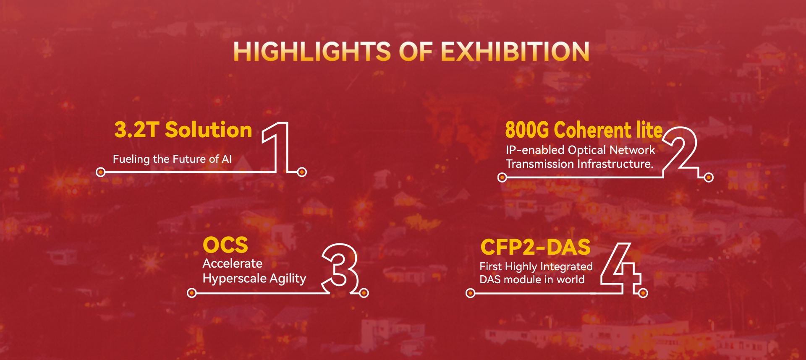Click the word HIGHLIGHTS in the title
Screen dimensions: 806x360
point(312,52)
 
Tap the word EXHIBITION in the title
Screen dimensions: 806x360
point(515,52)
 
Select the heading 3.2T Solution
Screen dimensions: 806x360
point(183,130)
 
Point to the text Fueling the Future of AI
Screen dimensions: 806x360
point(172,159)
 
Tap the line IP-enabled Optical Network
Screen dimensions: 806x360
point(580,150)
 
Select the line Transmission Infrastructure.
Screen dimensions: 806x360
point(579,164)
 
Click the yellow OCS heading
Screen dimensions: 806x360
point(225,245)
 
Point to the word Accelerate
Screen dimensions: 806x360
point(233,263)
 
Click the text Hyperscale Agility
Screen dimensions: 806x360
point(254,279)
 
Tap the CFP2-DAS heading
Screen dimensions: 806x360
point(536,247)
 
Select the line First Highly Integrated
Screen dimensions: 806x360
point(536,266)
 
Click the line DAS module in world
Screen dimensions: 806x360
point(532,279)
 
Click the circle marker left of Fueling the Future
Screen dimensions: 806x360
point(101,172)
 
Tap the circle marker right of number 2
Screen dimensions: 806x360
point(709,177)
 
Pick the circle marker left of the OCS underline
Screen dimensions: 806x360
point(191,293)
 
